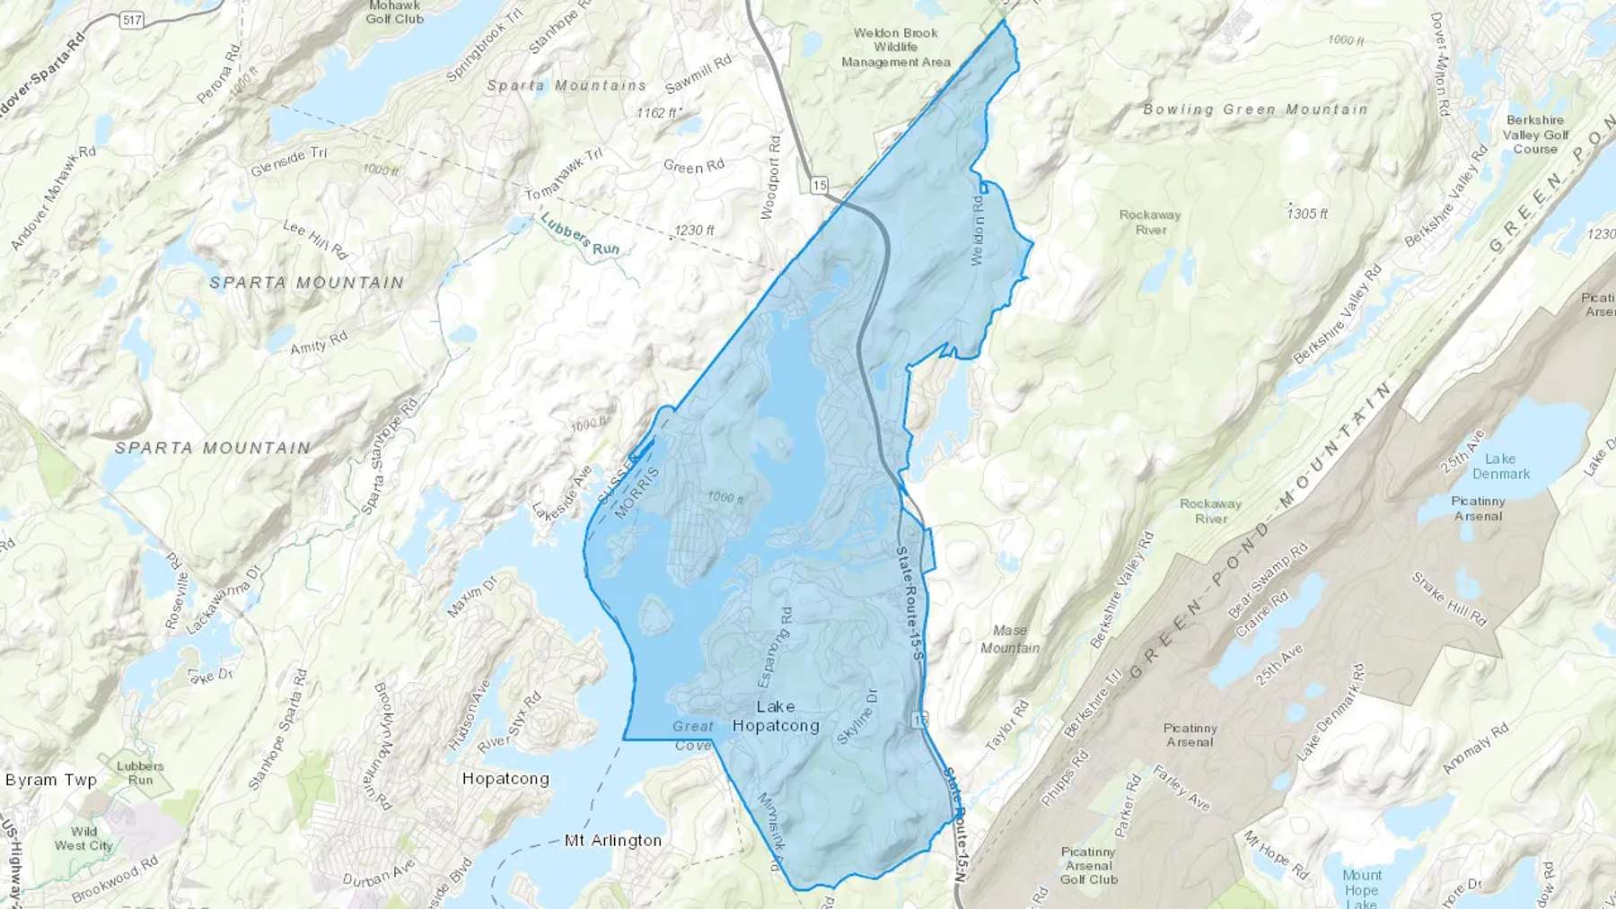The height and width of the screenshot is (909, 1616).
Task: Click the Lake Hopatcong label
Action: pos(776,716)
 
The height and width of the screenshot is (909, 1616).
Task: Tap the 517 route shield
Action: pos(132,19)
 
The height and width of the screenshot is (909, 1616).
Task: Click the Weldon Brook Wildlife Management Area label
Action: pos(895,48)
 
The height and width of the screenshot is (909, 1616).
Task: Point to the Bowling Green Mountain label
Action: pos(1255,109)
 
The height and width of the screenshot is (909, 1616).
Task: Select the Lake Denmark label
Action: pos(1500,466)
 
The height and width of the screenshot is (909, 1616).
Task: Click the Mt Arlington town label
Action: pos(613,841)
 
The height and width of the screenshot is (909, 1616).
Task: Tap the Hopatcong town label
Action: pos(505,779)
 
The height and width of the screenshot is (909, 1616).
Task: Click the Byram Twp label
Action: pos(51,780)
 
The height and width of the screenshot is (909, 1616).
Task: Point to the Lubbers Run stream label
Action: pos(580,235)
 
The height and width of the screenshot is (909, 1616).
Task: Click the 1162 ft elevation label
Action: pos(658,113)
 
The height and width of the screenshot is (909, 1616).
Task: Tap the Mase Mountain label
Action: pos(1010,639)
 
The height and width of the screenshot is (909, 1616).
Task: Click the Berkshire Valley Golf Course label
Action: pos(1535,135)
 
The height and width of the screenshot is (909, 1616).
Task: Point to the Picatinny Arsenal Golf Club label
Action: pos(1088,865)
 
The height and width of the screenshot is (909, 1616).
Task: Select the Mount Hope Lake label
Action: pos(1361,889)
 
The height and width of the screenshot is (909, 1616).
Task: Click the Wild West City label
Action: pos(83,838)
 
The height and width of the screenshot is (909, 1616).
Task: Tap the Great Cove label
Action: pos(693,735)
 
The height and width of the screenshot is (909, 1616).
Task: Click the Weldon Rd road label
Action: pos(978,229)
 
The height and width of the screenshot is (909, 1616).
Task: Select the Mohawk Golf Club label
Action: pos(394,12)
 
